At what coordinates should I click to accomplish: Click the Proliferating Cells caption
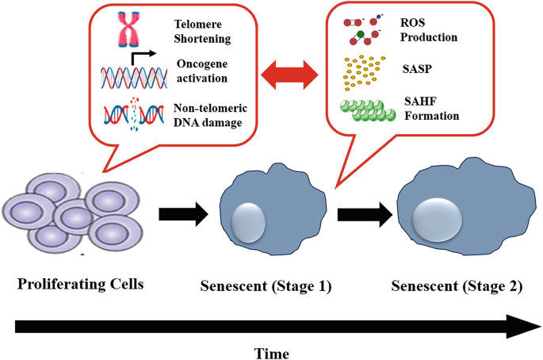click(75, 284)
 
